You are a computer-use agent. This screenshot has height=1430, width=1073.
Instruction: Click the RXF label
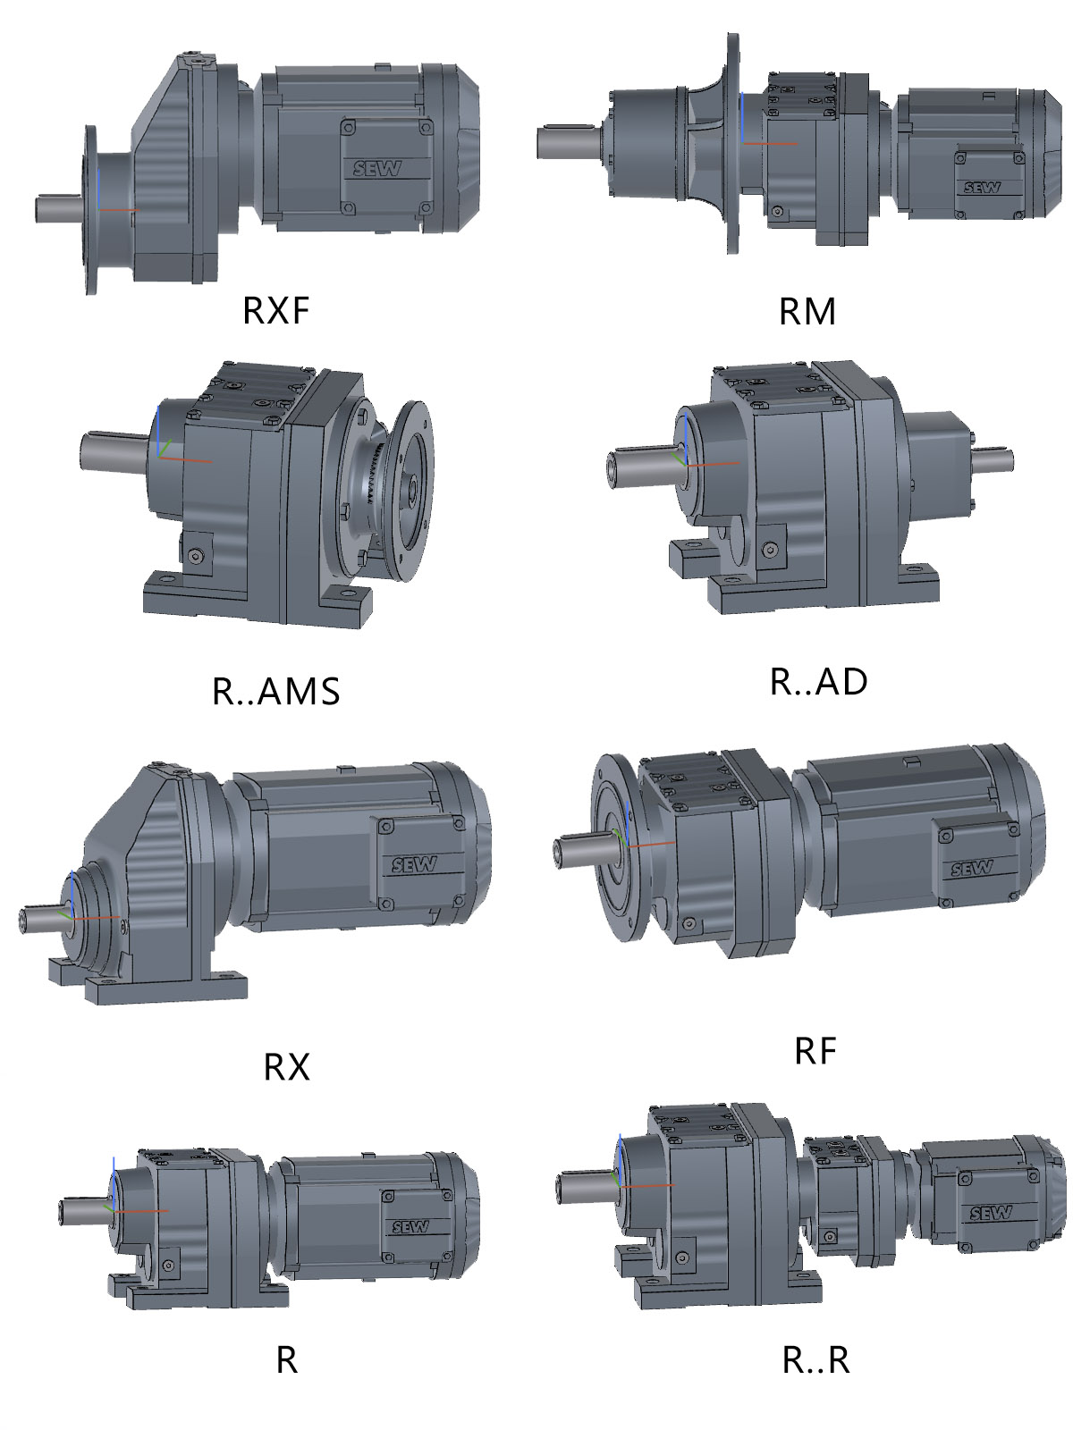pos(275,310)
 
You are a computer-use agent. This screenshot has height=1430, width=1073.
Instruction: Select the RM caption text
pos(807,311)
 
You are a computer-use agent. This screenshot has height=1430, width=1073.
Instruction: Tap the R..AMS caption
pos(275,691)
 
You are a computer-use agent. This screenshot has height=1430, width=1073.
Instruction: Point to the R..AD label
pos(818,681)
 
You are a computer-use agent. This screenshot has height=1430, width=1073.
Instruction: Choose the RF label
pos(815,1051)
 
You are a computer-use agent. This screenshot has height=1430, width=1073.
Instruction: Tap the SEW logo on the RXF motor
pos(377,169)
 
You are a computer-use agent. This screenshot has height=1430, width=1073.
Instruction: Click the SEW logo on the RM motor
pos(983,188)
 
